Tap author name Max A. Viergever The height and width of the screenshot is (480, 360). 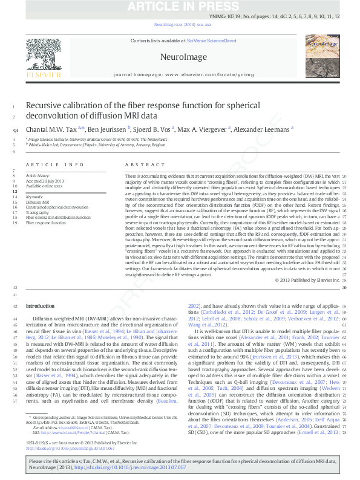tap(204, 129)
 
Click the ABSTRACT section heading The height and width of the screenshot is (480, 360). tap(141, 164)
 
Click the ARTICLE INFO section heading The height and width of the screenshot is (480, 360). tap(55, 164)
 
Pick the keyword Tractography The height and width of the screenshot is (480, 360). tap(38, 212)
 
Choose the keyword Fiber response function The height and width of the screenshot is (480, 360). tap(46, 222)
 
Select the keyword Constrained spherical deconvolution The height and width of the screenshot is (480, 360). tap(57, 207)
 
